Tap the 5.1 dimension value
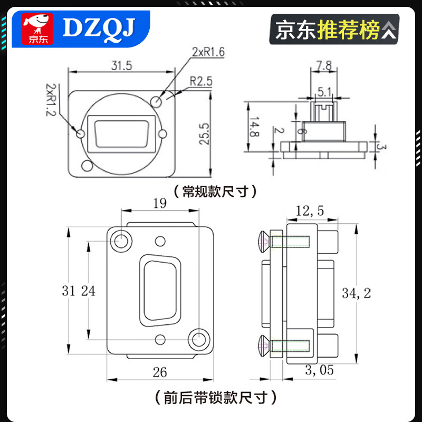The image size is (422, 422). [x=323, y=92]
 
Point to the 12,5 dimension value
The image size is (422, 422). [x=310, y=211]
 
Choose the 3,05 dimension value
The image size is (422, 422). [x=319, y=370]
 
